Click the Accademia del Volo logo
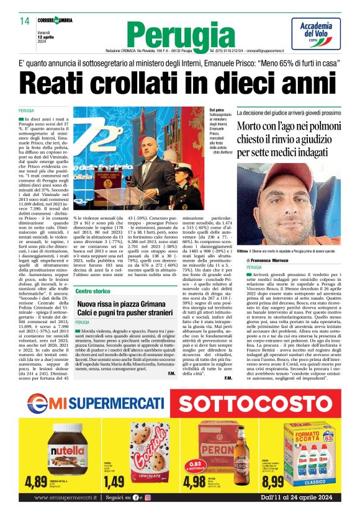[316, 32]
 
